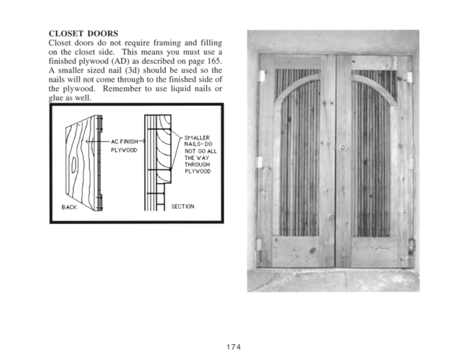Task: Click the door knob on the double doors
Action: [342, 147]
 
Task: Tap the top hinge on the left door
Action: [262, 75]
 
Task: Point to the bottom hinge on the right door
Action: [412, 246]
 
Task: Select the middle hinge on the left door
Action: [260, 162]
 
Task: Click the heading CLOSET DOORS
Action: [87, 33]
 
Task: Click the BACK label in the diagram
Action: [69, 207]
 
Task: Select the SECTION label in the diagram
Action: [182, 207]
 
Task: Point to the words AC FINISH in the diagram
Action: [120, 142]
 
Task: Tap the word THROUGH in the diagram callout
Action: [196, 164]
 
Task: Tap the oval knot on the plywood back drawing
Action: [74, 164]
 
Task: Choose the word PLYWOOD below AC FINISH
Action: [121, 151]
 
